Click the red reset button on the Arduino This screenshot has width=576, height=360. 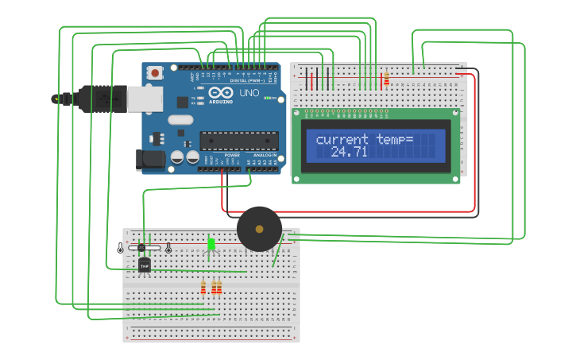click(155, 73)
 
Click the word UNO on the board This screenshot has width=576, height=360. click(249, 93)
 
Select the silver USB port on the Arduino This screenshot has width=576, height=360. click(145, 99)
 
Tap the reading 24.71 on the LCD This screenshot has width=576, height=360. click(349, 152)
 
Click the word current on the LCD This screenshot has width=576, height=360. click(344, 140)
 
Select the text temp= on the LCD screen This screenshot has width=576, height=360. click(395, 140)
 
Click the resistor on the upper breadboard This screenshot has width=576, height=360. click(386, 79)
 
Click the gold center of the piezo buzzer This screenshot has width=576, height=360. click(259, 229)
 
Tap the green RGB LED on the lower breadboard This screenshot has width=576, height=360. click(211, 244)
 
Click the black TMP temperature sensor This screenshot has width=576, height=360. click(144, 265)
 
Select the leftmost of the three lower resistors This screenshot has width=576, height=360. click(203, 288)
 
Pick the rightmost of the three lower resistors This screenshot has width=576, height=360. click(219, 288)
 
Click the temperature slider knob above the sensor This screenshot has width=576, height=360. click(141, 248)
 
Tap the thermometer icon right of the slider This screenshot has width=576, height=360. click(168, 248)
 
